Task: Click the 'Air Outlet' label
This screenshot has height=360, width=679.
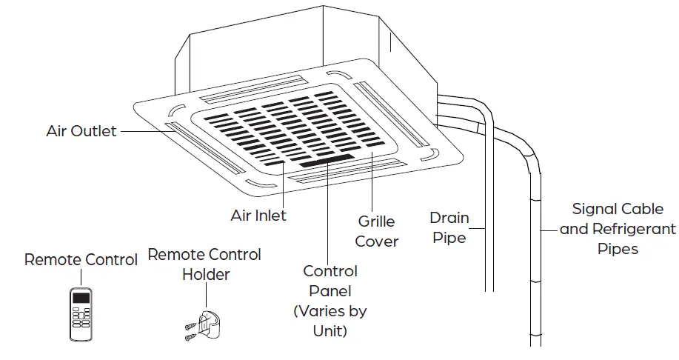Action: (x=81, y=131)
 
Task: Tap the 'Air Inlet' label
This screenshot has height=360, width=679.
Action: (x=258, y=216)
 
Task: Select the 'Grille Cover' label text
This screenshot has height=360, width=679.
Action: (x=376, y=231)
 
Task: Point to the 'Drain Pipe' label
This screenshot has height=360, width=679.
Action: (x=449, y=227)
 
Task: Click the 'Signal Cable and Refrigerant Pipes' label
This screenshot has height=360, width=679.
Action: (x=618, y=229)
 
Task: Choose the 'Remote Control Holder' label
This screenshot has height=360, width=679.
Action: (x=204, y=264)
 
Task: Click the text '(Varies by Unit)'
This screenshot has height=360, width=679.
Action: (x=330, y=321)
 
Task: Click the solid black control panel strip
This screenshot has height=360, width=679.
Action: (x=321, y=160)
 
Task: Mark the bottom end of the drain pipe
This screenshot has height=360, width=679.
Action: (x=489, y=289)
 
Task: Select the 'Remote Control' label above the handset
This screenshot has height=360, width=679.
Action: (x=81, y=260)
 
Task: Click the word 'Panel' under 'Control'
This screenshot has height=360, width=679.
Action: (x=330, y=291)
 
